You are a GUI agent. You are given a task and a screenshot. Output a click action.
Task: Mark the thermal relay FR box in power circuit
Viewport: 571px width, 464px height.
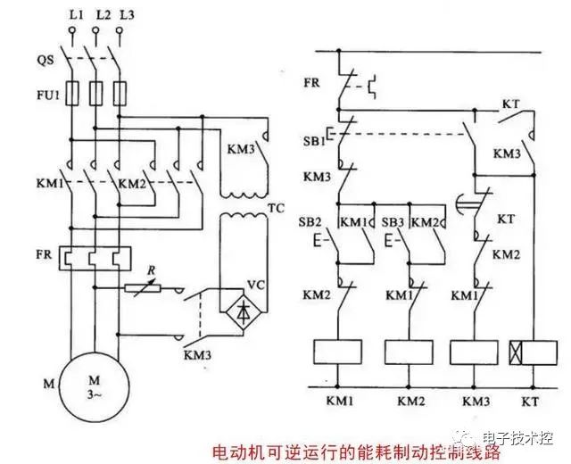(92, 259)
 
